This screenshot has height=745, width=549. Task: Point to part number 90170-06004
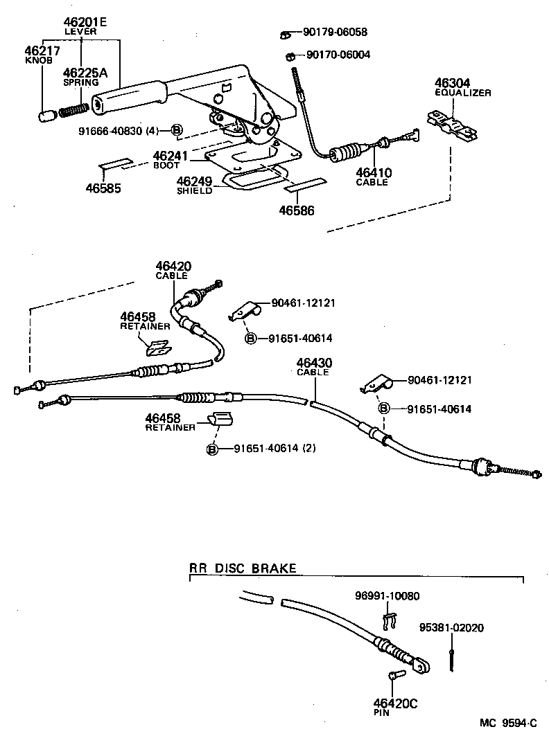338,55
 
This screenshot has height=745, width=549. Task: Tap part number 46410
374,172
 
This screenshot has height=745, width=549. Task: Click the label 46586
297,208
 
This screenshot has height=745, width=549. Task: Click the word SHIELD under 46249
194,191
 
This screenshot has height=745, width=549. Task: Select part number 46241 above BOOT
171,156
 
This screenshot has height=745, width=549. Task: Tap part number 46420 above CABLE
173,266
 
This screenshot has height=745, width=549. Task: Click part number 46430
314,362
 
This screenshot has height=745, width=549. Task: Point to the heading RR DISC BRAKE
243,568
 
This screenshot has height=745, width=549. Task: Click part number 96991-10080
387,595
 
